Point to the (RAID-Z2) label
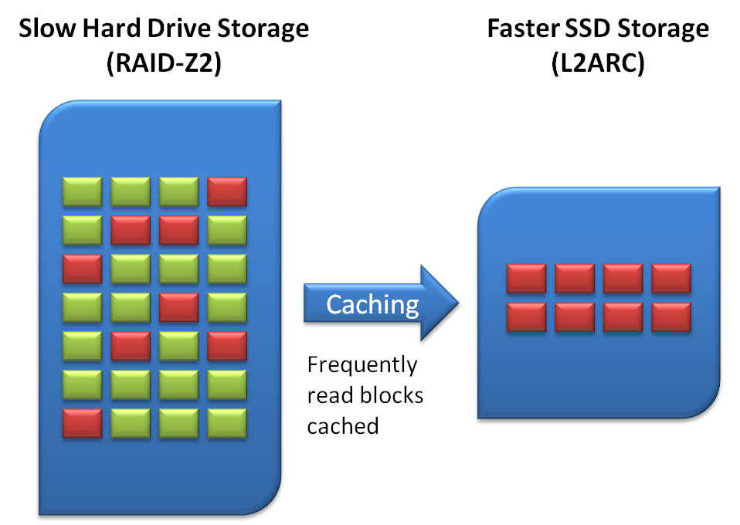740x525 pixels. [164, 65]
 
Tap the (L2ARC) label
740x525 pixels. [598, 65]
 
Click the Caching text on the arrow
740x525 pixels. [372, 304]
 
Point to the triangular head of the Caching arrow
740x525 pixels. [440, 304]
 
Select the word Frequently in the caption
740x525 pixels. [362, 364]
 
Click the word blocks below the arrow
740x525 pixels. [393, 395]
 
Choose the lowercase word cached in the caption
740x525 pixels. [342, 425]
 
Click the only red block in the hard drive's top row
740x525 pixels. [227, 191]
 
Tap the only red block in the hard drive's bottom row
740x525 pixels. [82, 422]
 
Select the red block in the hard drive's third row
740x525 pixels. [82, 268]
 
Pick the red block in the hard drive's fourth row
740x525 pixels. [178, 307]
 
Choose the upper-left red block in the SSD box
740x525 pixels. [526, 278]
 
